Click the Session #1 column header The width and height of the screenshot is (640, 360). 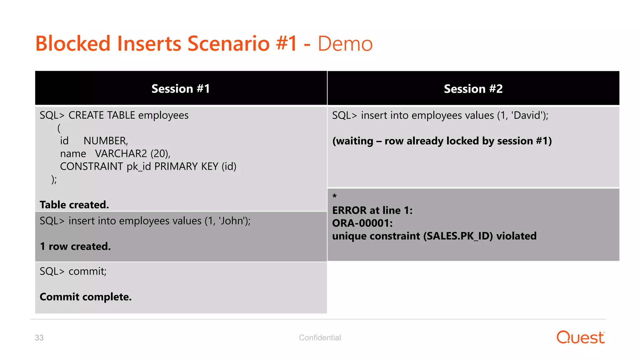[x=181, y=89]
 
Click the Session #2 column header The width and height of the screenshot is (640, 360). [x=473, y=89]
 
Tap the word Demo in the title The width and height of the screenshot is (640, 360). [x=345, y=44]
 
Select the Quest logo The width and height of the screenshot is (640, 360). [x=581, y=337]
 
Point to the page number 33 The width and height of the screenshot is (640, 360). [x=39, y=338]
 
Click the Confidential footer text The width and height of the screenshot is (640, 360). [x=320, y=338]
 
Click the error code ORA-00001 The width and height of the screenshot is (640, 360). [x=362, y=223]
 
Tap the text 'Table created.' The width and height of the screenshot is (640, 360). [x=74, y=205]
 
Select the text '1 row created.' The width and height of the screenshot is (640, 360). [x=75, y=247]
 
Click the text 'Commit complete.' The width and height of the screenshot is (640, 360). [x=86, y=297]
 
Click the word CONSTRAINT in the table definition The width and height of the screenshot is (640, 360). [x=92, y=167]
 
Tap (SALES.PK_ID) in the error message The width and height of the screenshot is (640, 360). [x=458, y=236]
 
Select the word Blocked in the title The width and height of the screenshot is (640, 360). [x=73, y=44]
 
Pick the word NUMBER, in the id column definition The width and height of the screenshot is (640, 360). [x=106, y=141]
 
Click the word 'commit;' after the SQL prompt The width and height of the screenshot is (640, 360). [x=87, y=272]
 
